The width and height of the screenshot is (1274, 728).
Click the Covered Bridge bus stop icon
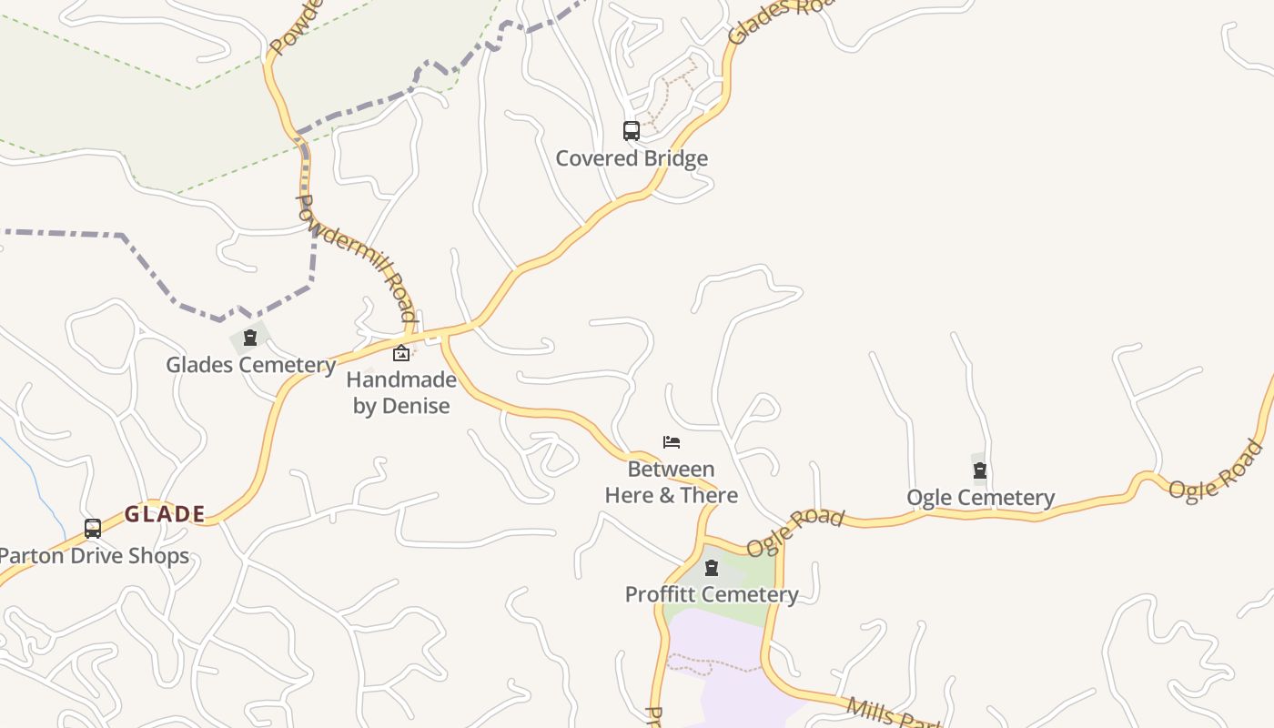[x=632, y=131]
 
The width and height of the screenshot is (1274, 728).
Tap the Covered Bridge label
[x=632, y=158]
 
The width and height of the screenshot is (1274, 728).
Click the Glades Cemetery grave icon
[x=250, y=339]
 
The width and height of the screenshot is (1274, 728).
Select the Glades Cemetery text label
[x=250, y=365]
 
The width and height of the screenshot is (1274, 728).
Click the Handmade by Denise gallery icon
[x=401, y=353]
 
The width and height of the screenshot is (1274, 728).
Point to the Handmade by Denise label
[x=401, y=392]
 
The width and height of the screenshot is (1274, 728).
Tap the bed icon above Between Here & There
[x=672, y=443]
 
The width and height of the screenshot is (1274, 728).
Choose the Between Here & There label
[x=672, y=482]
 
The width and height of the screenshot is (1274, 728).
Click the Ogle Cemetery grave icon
[x=980, y=470]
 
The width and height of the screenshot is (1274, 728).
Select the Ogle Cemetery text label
[x=980, y=498]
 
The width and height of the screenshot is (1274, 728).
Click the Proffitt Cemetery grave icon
[x=712, y=569]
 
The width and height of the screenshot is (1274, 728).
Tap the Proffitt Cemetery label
[x=712, y=595]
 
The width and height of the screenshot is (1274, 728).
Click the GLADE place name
[x=165, y=514]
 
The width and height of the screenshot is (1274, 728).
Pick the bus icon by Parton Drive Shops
[x=93, y=529]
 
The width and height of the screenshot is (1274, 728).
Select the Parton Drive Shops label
[x=94, y=556]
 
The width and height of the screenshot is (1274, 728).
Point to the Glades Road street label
[x=769, y=21]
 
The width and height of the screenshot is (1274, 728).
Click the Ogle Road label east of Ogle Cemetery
[x=1217, y=470]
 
